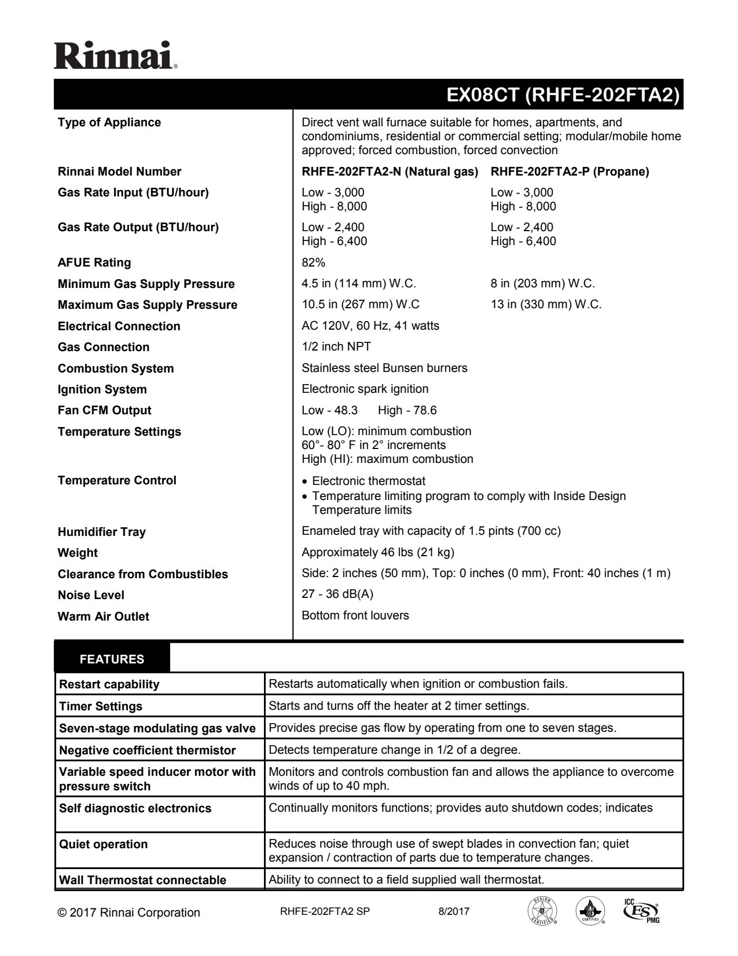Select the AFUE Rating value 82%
[x=313, y=262]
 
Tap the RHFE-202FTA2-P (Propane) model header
[x=570, y=172]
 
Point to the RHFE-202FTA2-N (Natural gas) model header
[x=390, y=172]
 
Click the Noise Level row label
[x=91, y=595]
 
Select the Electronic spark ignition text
[x=365, y=389]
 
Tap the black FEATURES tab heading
[x=112, y=659]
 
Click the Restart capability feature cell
[x=109, y=684]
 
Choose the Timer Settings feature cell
[x=101, y=706]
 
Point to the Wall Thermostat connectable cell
[x=142, y=880]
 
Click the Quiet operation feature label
[x=104, y=844]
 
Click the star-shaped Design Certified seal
[x=542, y=912]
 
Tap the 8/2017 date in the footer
[x=454, y=911]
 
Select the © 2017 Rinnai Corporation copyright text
[x=129, y=913]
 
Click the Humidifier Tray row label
[x=102, y=532]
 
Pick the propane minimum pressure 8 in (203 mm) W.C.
[x=542, y=283]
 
